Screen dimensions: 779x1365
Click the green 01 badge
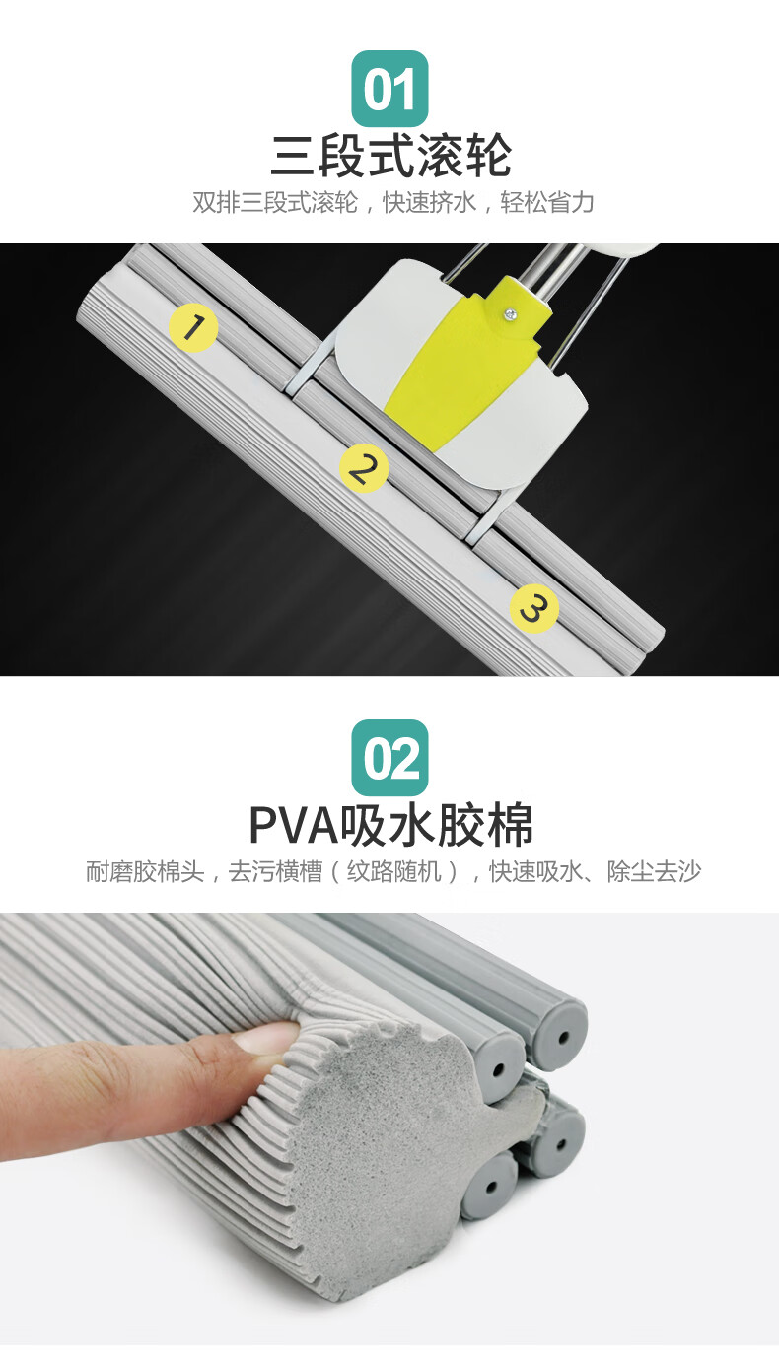point(390,89)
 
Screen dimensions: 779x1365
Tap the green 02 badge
point(390,758)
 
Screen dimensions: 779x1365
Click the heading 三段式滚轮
point(390,155)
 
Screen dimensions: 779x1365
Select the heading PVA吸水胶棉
point(390,825)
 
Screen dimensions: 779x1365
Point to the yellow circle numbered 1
point(192,328)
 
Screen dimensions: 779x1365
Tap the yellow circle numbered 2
point(364,468)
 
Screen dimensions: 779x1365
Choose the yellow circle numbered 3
point(534,608)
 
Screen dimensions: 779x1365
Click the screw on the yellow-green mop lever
point(508,313)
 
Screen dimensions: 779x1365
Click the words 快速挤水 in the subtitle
point(429,203)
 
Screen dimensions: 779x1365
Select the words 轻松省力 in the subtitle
point(546,203)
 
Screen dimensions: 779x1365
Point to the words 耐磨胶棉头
point(145,871)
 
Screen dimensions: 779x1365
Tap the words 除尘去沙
point(654,871)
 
